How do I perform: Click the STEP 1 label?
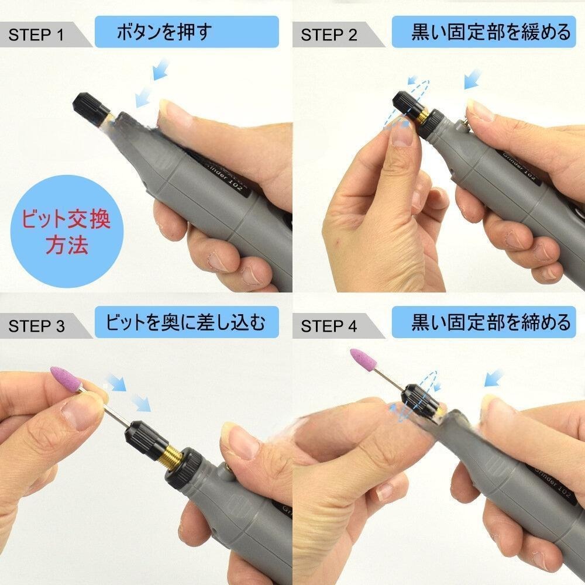[36, 35]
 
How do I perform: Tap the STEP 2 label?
[329, 35]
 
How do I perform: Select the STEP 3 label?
[36, 326]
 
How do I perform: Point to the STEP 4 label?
[329, 326]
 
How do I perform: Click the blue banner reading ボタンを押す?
[187, 32]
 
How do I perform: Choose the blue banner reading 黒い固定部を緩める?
[484, 32]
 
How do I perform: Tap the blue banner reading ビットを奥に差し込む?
[187, 322]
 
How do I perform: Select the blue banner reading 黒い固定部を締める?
[484, 322]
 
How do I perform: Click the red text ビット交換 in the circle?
[66, 219]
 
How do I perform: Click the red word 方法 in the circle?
[67, 245]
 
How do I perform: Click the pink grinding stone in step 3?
[66, 378]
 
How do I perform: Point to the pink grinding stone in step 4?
[365, 359]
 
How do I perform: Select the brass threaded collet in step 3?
[171, 455]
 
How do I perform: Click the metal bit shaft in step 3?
[105, 408]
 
